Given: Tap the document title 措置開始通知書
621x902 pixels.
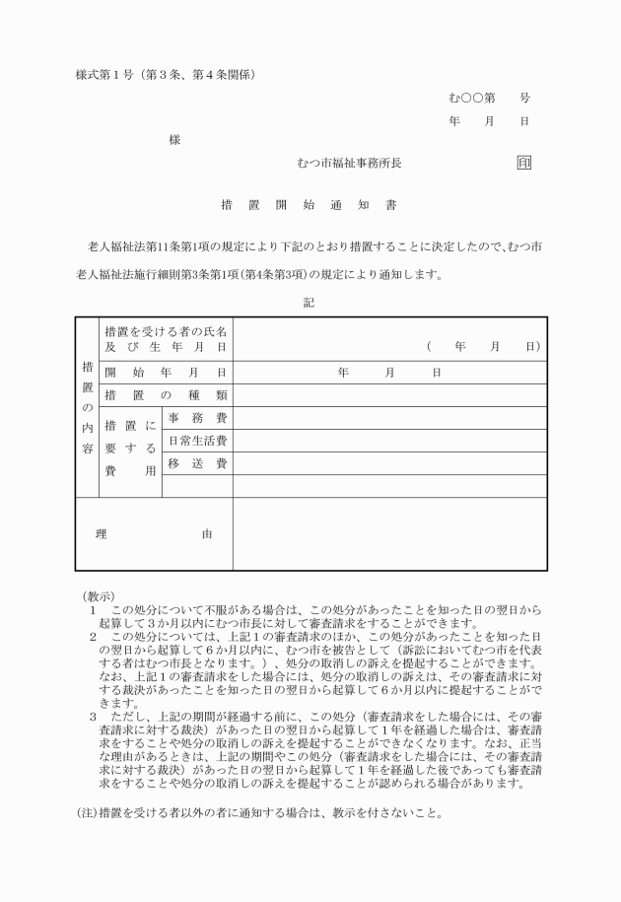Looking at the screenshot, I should click(x=309, y=207).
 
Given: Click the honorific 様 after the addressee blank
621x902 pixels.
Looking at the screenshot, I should click(x=174, y=140).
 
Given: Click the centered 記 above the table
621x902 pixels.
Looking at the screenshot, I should click(x=309, y=303).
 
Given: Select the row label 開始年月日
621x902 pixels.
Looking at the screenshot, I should click(x=165, y=373).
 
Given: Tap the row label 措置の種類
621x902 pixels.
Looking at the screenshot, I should click(x=165, y=395).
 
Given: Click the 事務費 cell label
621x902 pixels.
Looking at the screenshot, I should click(x=197, y=418).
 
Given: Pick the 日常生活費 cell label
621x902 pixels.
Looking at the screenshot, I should click(x=197, y=441).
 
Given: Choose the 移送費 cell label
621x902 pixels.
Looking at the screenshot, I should click(x=197, y=463).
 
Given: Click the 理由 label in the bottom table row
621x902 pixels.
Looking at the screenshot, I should click(x=154, y=534).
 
